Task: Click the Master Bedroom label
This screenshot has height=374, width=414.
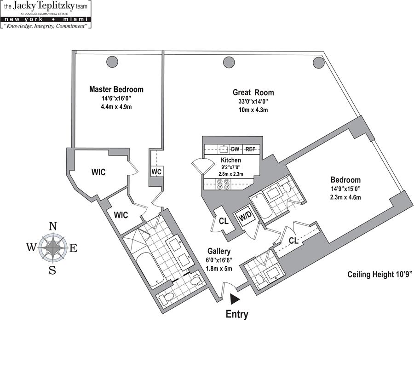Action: (x=116, y=89)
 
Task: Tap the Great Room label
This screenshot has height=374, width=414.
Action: (x=250, y=92)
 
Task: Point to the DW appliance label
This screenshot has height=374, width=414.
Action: (x=235, y=149)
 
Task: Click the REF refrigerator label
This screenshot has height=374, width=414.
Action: (x=250, y=149)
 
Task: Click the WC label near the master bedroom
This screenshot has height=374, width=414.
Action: (x=156, y=171)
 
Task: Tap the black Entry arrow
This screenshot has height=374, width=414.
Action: (x=235, y=299)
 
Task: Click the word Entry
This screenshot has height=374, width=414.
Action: (x=236, y=315)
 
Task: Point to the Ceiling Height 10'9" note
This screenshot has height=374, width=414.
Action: (x=380, y=275)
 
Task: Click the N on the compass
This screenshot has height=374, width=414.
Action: (x=53, y=226)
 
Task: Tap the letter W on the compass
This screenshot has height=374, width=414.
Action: (x=31, y=247)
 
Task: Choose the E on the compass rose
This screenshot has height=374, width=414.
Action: (x=73, y=248)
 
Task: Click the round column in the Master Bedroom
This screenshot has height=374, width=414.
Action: (x=112, y=61)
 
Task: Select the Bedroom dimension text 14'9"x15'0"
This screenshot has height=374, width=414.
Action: (x=345, y=189)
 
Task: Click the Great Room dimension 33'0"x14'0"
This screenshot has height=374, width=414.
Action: (x=250, y=101)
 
